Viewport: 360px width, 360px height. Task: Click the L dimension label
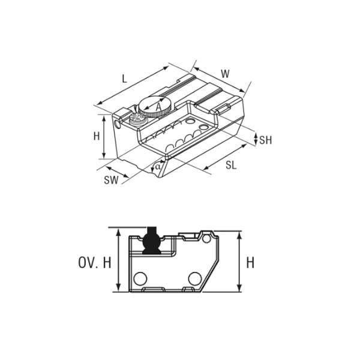click(124, 79)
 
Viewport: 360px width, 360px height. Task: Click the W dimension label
click(225, 74)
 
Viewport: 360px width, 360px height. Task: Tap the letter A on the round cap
click(159, 107)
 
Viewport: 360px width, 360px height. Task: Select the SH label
click(265, 140)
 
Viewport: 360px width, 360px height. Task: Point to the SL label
click(231, 165)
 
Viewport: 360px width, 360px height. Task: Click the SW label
click(111, 180)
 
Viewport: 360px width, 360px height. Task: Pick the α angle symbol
click(157, 166)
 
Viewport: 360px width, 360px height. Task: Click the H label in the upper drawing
click(97, 136)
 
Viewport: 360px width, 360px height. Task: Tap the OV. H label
click(95, 263)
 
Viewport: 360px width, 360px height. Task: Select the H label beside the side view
click(250, 263)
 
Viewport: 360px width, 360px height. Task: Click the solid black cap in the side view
click(151, 241)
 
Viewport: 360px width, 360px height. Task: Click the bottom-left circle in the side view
click(140, 279)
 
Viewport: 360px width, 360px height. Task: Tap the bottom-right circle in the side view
click(195, 279)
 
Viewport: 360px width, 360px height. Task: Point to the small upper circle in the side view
click(206, 239)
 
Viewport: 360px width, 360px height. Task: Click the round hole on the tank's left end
click(118, 124)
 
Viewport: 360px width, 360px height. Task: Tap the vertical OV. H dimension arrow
click(118, 260)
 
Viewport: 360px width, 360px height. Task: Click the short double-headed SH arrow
click(256, 139)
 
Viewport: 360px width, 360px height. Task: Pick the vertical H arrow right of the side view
click(239, 261)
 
